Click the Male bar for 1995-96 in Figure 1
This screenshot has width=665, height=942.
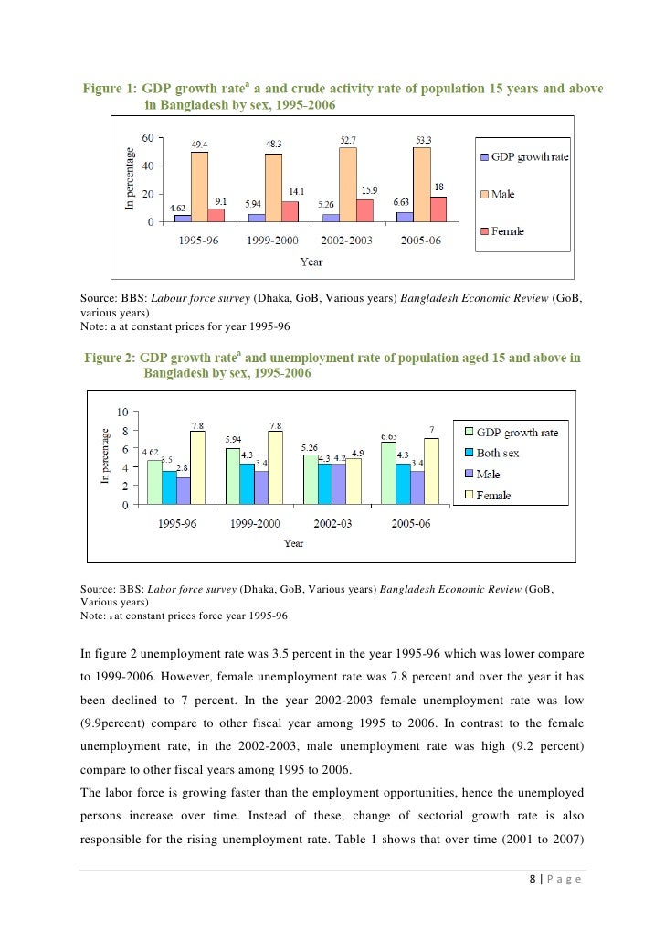pos(199,187)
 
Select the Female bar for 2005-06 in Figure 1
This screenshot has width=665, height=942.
pos(438,209)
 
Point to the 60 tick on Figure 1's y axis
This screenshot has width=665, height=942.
pos(146,138)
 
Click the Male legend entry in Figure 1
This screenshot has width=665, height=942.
pos(503,194)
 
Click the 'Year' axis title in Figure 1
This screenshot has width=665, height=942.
pos(311,262)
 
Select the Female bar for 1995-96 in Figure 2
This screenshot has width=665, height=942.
pos(197,466)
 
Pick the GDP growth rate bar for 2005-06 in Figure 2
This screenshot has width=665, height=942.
pos(388,472)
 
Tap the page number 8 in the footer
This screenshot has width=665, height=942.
pos(533,881)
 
